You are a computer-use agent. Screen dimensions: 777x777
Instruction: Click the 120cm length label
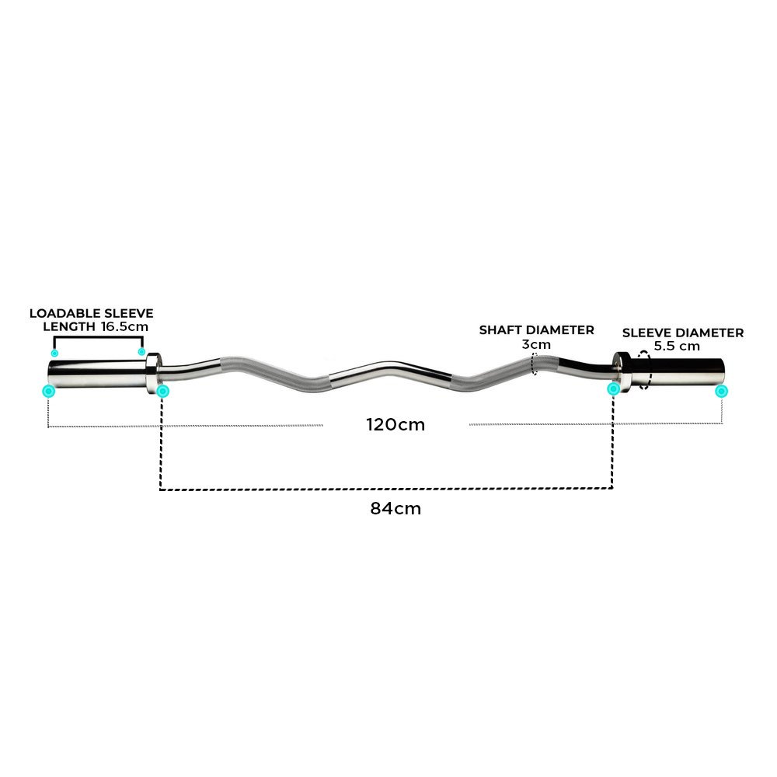point(395,425)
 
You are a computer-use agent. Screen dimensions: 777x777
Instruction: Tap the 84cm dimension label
point(395,509)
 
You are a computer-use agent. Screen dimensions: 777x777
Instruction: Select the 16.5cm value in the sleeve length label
point(124,327)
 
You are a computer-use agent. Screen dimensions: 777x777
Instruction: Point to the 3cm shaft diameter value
point(537,344)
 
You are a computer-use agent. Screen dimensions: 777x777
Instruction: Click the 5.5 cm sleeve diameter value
point(677,347)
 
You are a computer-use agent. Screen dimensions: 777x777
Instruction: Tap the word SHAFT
point(500,330)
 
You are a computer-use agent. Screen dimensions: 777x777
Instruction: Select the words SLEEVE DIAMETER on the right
point(683,333)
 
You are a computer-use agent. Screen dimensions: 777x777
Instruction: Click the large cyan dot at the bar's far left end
point(48,391)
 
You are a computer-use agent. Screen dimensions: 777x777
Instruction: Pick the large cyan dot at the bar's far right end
point(722,391)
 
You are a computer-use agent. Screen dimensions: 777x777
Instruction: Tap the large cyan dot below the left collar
point(162,391)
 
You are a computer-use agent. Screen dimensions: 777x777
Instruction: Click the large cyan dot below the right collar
point(613,388)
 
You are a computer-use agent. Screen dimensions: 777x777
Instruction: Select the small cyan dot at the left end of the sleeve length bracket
point(54,353)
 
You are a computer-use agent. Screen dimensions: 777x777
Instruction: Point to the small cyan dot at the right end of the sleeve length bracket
point(141,352)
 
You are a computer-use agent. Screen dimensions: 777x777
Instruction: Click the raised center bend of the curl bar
point(388,365)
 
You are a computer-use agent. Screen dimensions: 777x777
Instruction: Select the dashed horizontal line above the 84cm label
point(386,489)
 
